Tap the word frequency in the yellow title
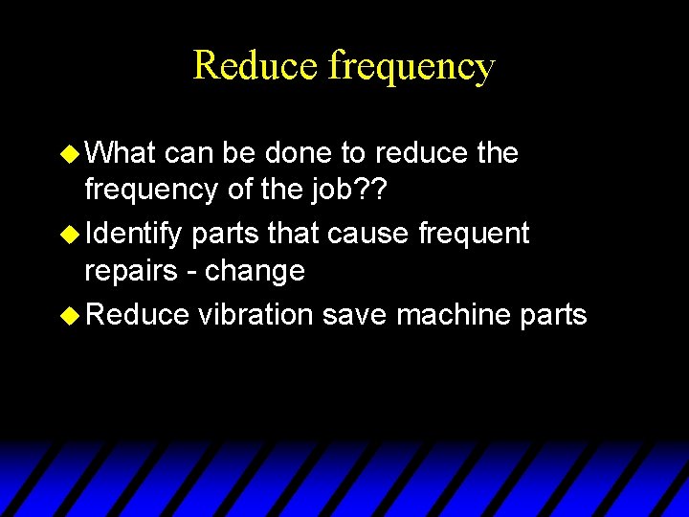click(411, 67)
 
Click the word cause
click(379, 233)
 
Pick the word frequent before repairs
click(477, 233)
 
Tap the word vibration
click(256, 314)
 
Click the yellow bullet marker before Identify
click(71, 234)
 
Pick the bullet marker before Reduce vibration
click(71, 315)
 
